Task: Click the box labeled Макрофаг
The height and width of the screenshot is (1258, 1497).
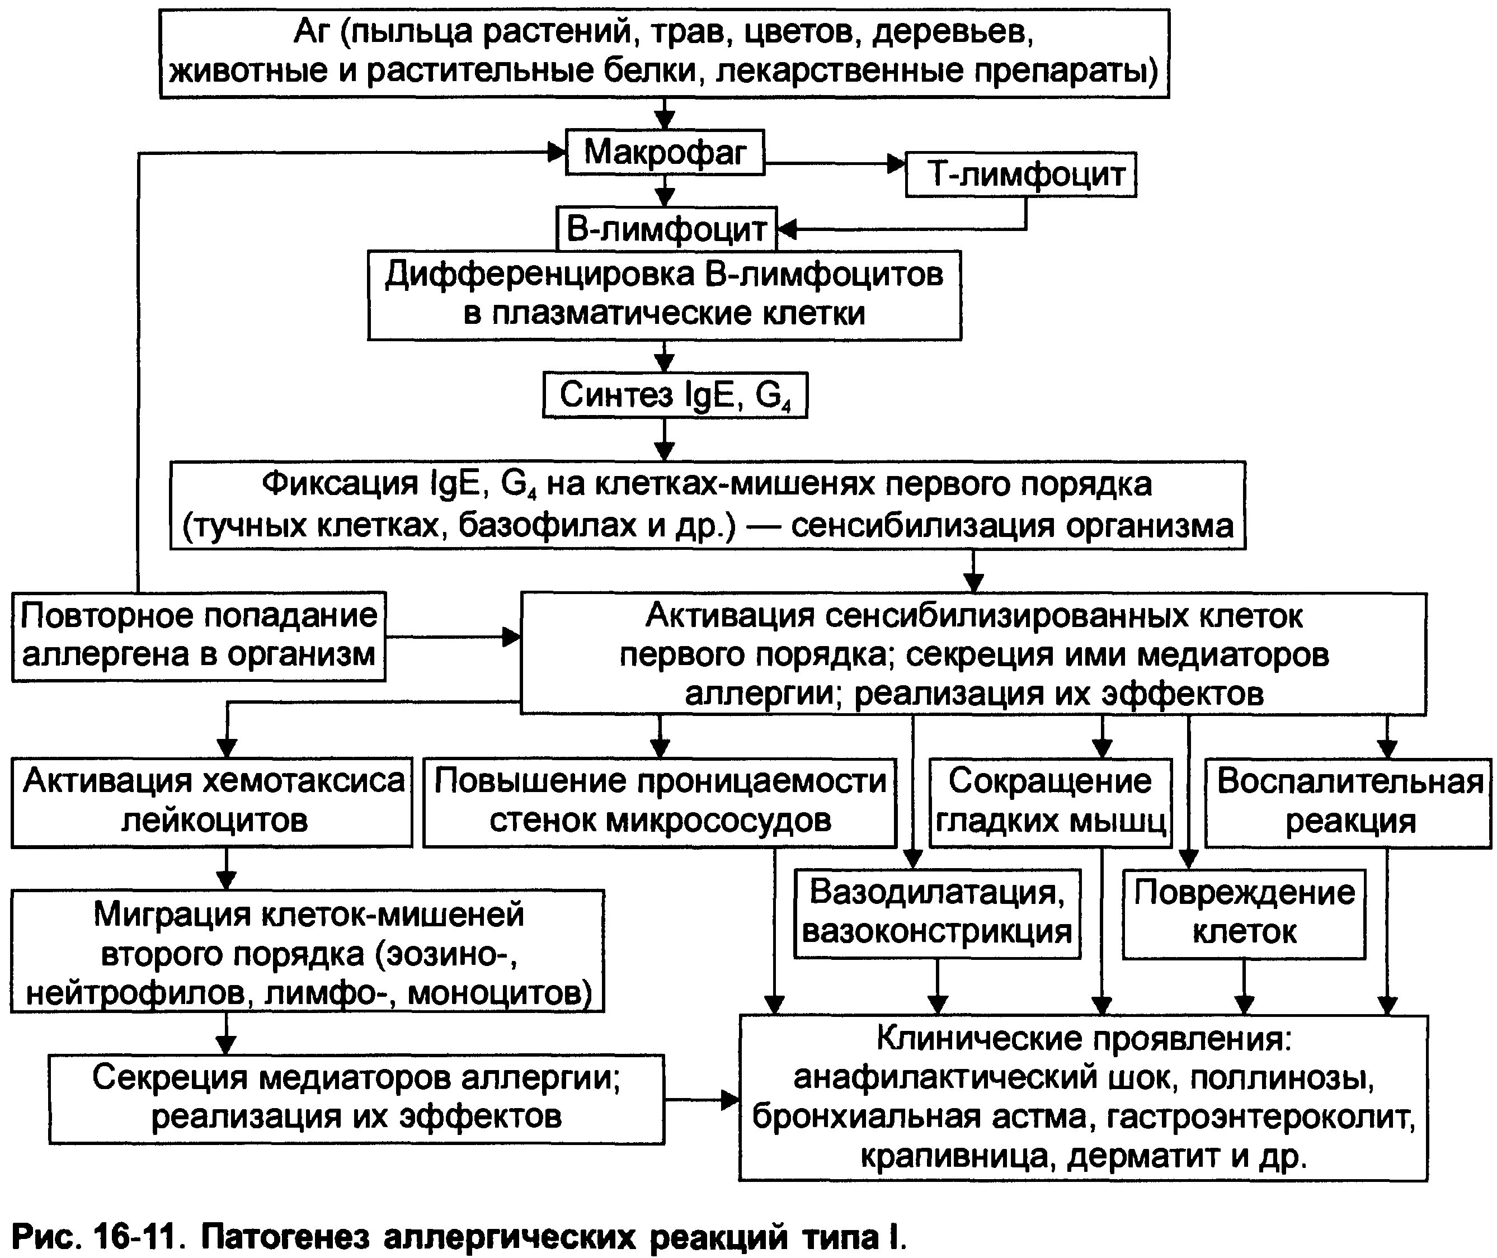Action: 665,152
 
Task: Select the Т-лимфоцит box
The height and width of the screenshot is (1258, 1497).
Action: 1020,175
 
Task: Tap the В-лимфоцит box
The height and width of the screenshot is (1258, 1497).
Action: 666,229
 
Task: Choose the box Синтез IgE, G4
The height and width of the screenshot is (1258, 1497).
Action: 675,395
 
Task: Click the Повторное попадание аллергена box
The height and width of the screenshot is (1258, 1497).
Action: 198,635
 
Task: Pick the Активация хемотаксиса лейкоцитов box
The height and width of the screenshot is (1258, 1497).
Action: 212,802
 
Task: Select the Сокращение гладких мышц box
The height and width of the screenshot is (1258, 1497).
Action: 1050,802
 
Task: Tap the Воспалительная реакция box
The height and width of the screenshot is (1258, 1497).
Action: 1349,802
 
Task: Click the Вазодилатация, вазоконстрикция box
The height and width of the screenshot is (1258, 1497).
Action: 937,913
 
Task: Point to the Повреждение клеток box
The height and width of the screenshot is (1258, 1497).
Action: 1244,913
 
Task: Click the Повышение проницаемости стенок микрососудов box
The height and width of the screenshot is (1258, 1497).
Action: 660,802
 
